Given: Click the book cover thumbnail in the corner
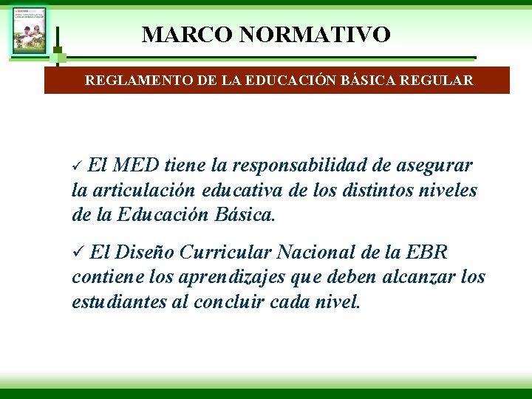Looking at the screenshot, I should [29, 30].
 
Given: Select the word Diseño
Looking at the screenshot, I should [145, 253].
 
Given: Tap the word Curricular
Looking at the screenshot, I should [225, 253].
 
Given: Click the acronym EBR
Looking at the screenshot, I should [427, 253].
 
